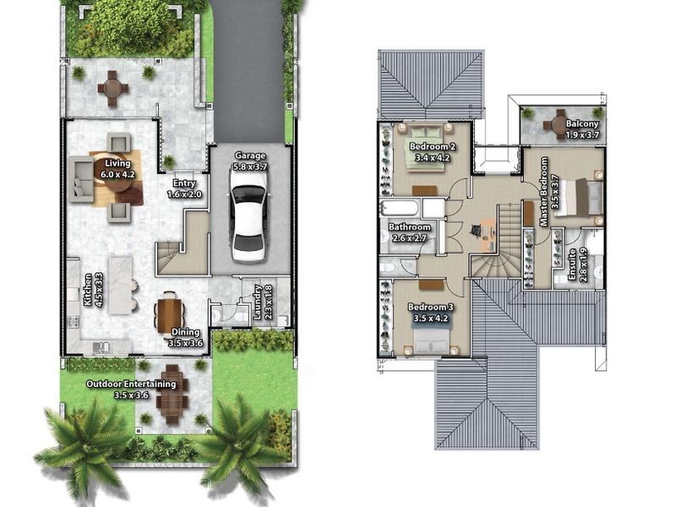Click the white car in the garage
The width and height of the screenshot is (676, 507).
(x=248, y=224)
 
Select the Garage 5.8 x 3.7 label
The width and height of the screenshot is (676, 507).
(x=250, y=161)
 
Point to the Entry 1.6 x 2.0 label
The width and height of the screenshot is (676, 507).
(x=184, y=188)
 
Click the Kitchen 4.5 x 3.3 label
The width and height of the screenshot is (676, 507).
(x=93, y=290)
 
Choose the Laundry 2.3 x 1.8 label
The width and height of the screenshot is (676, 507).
(x=262, y=302)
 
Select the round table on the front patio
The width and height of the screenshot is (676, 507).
(x=113, y=89)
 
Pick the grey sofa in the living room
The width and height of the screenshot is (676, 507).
(x=81, y=179)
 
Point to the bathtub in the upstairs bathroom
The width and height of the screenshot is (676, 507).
(x=400, y=208)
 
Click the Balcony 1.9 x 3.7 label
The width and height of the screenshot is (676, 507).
(x=582, y=129)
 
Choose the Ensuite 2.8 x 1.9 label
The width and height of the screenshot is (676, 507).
(x=577, y=264)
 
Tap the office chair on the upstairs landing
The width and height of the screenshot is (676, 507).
(x=476, y=230)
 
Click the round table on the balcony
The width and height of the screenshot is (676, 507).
(x=560, y=124)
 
